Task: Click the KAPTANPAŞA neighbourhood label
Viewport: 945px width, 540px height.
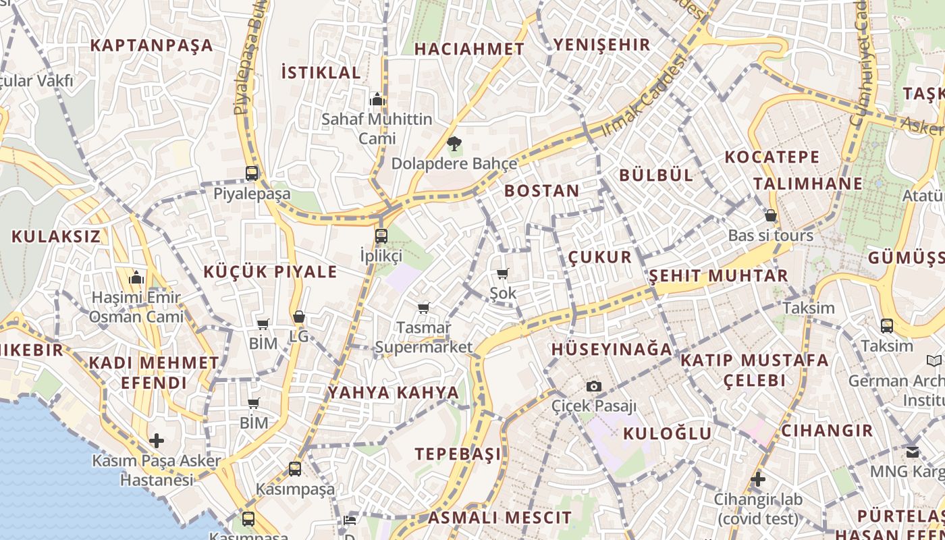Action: point(151,45)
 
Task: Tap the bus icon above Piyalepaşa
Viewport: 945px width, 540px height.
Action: point(252,173)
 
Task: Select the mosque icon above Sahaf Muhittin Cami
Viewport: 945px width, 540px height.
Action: point(377,100)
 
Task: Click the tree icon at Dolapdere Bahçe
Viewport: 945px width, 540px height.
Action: point(454,143)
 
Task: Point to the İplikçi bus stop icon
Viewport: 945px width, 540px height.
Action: point(381,236)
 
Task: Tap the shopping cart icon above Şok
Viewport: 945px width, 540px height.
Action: point(502,273)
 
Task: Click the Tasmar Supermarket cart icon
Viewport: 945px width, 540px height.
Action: point(423,308)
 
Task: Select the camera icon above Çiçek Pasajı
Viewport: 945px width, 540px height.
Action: point(593,386)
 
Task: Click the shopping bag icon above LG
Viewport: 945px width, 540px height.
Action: point(299,317)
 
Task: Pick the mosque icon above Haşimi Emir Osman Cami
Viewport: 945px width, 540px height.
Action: point(136,277)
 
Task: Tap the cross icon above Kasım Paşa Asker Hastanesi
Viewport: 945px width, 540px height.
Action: point(157,441)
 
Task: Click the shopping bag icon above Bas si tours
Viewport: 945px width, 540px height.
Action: point(770,216)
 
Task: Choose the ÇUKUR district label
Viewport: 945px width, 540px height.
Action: point(599,257)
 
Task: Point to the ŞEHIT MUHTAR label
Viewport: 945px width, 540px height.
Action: point(718,276)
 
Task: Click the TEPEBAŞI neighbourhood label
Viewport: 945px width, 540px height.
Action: point(458,454)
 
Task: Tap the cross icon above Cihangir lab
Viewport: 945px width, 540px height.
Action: point(758,479)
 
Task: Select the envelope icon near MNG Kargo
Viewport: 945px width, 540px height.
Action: point(913,452)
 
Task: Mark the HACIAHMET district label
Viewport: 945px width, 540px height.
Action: point(469,49)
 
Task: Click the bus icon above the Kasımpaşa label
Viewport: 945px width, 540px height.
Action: point(295,468)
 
